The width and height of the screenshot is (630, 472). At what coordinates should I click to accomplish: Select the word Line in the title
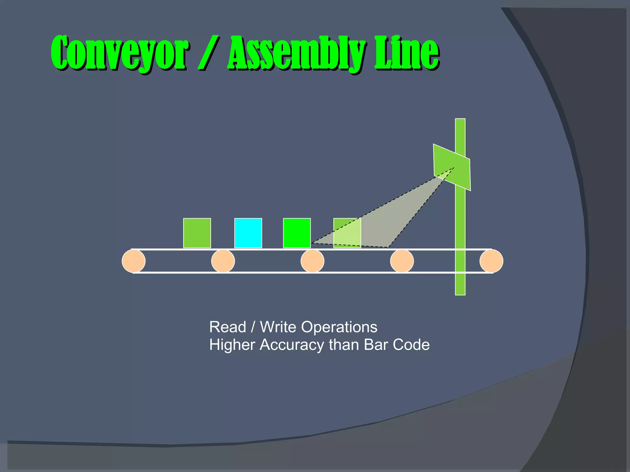click(x=406, y=53)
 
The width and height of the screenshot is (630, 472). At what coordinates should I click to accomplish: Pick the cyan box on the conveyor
click(x=248, y=233)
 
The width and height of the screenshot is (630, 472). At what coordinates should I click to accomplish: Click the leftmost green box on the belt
click(x=197, y=233)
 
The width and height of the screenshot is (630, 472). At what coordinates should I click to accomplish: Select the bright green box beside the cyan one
click(x=297, y=233)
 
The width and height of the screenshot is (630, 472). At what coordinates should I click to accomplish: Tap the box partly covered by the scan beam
click(x=347, y=233)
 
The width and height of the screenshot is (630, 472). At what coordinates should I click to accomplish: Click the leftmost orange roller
click(x=134, y=261)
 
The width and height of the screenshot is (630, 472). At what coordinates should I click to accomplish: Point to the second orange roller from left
click(x=223, y=261)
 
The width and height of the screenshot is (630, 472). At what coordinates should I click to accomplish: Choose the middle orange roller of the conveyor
click(x=312, y=261)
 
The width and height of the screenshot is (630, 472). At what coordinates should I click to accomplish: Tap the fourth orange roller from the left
click(x=402, y=261)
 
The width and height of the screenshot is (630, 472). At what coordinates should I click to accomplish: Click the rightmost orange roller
click(x=491, y=261)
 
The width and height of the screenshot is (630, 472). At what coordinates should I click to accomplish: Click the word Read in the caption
click(x=228, y=327)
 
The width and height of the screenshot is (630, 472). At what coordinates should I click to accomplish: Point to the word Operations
click(x=339, y=327)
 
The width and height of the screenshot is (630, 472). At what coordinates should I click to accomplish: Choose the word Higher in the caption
click(x=232, y=345)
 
